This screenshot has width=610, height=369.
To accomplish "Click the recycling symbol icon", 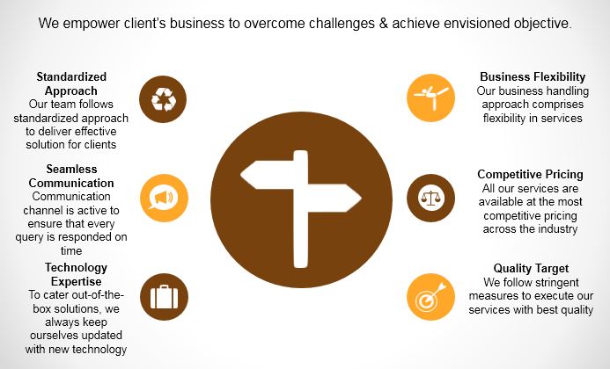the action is (x=163, y=99).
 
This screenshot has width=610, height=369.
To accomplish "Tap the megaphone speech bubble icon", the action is (x=164, y=198).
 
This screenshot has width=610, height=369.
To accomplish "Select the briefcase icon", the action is (x=164, y=297).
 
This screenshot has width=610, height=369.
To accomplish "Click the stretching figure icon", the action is (x=430, y=98).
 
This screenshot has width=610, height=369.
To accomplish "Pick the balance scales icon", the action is (x=430, y=198).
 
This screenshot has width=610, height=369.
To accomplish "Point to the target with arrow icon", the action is (x=430, y=297).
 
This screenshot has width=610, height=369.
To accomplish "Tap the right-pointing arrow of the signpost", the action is (x=331, y=198).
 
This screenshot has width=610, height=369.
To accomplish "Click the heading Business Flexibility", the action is (x=533, y=77).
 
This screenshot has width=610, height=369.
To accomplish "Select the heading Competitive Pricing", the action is (x=530, y=175).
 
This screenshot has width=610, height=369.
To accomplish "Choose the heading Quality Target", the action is (x=531, y=268).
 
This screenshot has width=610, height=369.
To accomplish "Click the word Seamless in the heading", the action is (x=71, y=169).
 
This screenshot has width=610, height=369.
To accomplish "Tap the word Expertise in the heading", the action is (x=77, y=281).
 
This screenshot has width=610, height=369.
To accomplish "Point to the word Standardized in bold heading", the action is (x=71, y=76).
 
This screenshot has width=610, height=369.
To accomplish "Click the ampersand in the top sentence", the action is (x=381, y=24).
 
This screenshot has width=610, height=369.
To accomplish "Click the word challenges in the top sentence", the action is (x=341, y=24).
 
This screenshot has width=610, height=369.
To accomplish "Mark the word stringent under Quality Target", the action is (x=550, y=282).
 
